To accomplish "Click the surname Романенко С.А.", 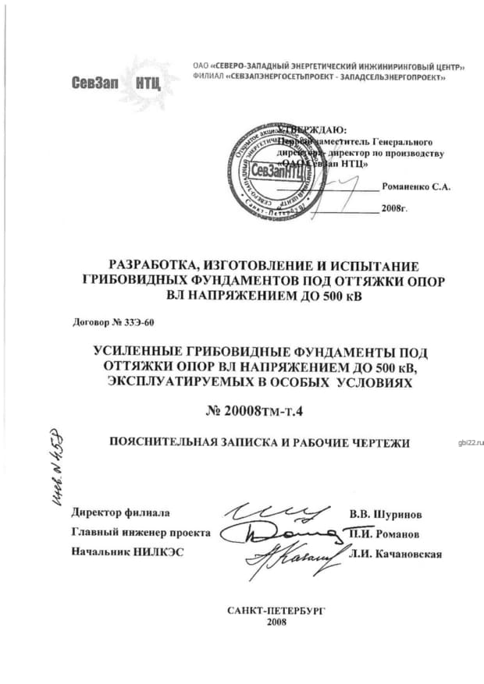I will point(416,188).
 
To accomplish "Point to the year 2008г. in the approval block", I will point(395,209).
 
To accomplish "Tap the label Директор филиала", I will point(120,513).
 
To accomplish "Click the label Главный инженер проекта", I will point(141,533).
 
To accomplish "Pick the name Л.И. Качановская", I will point(397,555).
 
